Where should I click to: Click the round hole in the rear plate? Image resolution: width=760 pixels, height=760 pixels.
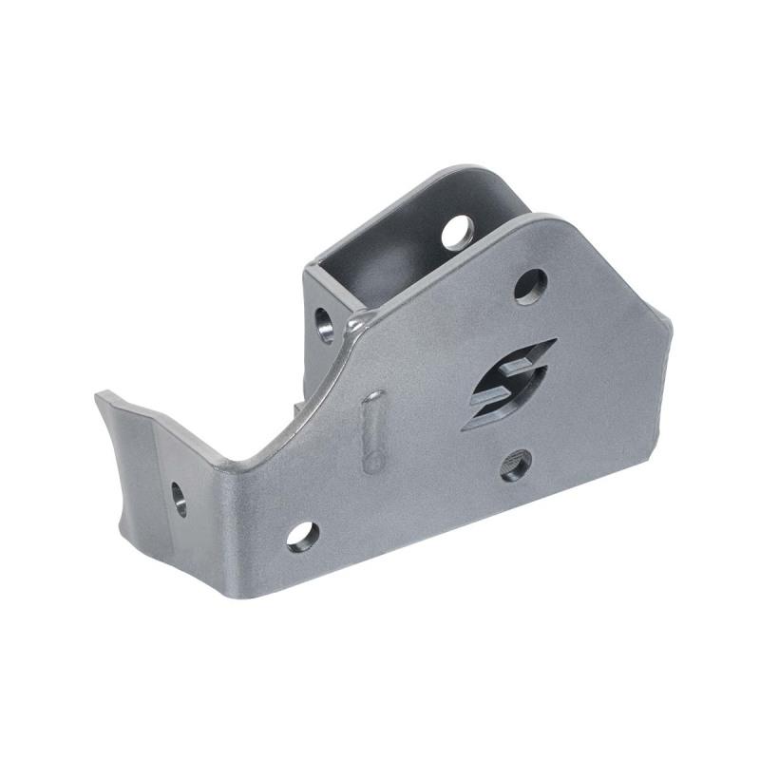point(457,232)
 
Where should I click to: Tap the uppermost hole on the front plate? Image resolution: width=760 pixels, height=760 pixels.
point(530,286)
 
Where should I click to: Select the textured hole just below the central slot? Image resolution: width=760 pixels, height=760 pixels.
point(515,465)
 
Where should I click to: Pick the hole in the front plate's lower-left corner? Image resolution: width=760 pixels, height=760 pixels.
point(302,537)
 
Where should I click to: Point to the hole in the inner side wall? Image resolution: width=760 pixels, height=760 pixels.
point(324,324)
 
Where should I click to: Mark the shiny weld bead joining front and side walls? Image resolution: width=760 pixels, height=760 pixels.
point(353,328)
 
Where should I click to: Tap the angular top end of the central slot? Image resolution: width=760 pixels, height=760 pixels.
point(554,340)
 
